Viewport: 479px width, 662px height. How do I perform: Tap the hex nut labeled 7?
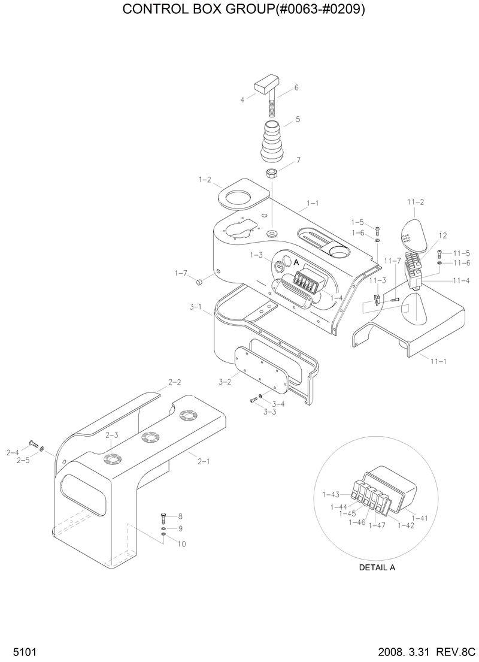(271, 174)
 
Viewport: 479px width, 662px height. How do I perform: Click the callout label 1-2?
(205, 179)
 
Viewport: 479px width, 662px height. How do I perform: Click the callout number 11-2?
(416, 202)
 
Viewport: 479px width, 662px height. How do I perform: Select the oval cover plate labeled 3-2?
(259, 370)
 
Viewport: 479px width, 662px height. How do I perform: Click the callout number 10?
(181, 544)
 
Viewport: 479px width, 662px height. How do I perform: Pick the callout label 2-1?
(204, 461)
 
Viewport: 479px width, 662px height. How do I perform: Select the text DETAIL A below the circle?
(377, 567)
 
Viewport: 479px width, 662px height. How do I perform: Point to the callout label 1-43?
(331, 494)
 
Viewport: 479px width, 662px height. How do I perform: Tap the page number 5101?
(16, 651)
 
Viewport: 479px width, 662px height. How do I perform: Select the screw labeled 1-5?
(377, 229)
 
